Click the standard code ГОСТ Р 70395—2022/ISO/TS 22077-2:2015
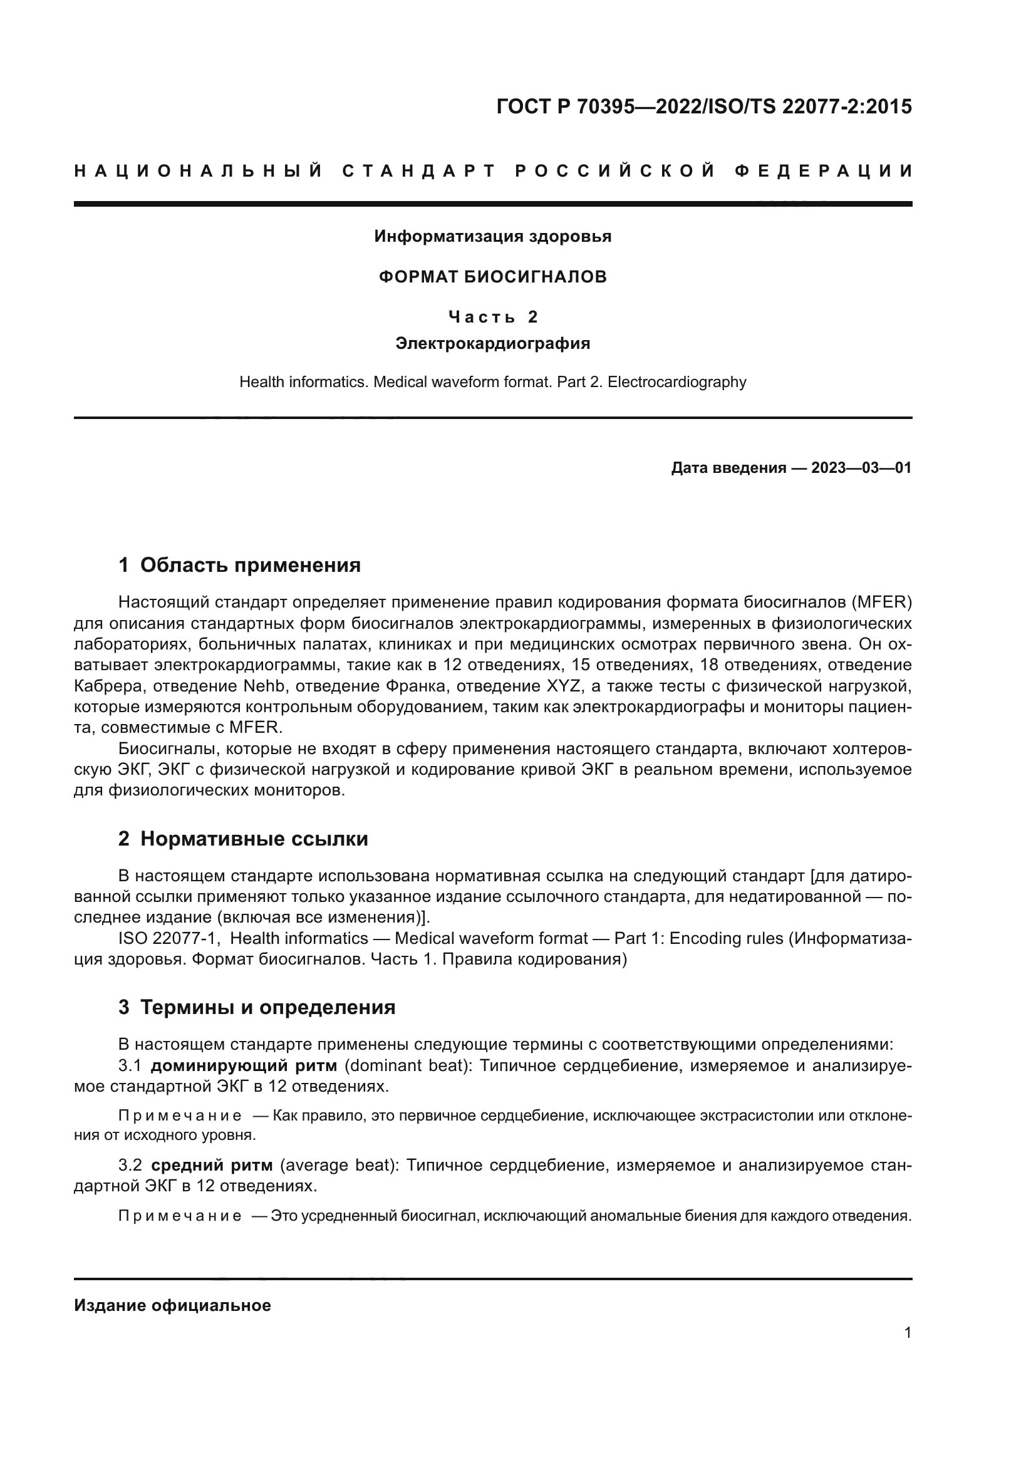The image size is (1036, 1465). click(x=703, y=106)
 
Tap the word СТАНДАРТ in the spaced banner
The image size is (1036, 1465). click(x=419, y=171)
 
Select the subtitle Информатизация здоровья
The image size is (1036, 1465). click(x=492, y=237)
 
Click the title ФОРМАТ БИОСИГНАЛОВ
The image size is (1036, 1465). click(x=492, y=277)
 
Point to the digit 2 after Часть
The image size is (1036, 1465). click(x=533, y=317)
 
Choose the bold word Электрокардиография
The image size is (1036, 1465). click(x=492, y=344)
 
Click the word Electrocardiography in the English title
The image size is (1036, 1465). click(x=677, y=382)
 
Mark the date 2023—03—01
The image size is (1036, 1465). click(x=861, y=468)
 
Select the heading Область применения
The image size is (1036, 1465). click(x=250, y=566)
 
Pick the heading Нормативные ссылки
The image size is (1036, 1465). click(x=254, y=839)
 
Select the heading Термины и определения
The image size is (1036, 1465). click(x=267, y=1008)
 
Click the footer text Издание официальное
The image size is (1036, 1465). click(x=172, y=1305)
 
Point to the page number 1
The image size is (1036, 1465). click(x=907, y=1333)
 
